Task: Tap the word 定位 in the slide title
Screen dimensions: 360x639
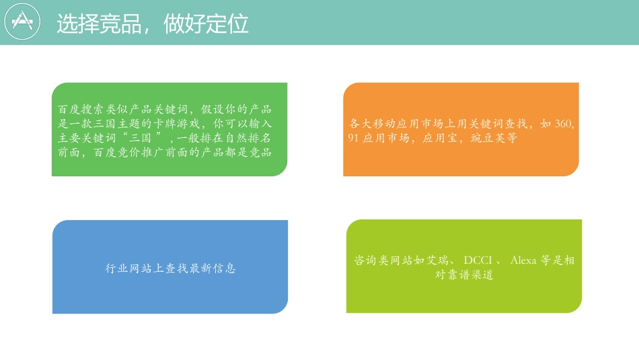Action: click(227, 24)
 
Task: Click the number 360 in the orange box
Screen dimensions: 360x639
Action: click(566, 124)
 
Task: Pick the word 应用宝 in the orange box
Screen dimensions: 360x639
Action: click(443, 138)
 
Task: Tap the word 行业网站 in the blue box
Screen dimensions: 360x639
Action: click(131, 268)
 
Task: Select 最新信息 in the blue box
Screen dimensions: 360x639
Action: click(212, 268)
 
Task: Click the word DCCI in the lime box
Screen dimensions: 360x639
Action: click(479, 260)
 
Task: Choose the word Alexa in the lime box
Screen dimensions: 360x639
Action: click(524, 260)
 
